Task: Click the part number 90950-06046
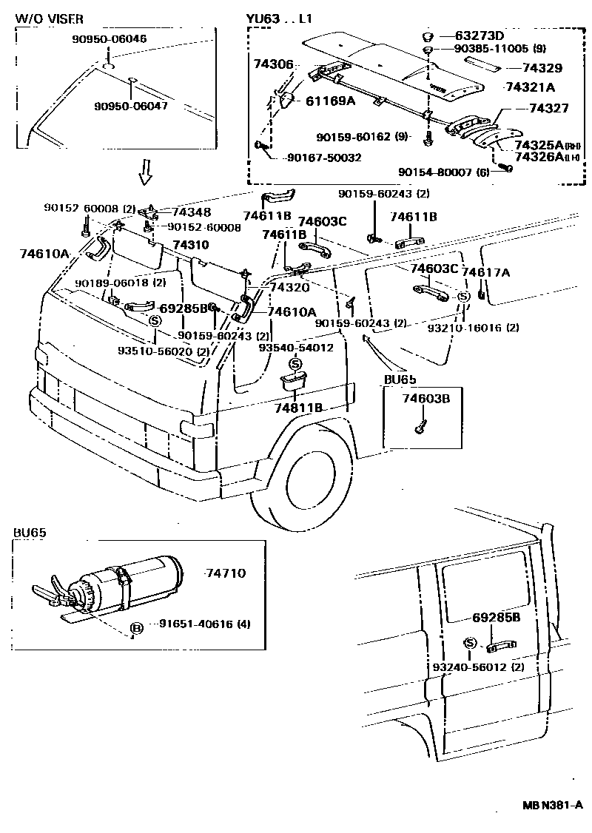click(x=110, y=38)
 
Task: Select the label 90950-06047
click(x=131, y=106)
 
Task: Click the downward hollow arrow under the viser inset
click(x=146, y=172)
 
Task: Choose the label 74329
click(x=542, y=68)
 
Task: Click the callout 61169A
click(x=331, y=101)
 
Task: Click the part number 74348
click(x=192, y=212)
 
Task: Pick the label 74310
click(x=191, y=245)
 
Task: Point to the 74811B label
click(x=298, y=407)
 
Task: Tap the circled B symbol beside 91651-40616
click(x=136, y=628)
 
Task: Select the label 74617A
click(x=485, y=272)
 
